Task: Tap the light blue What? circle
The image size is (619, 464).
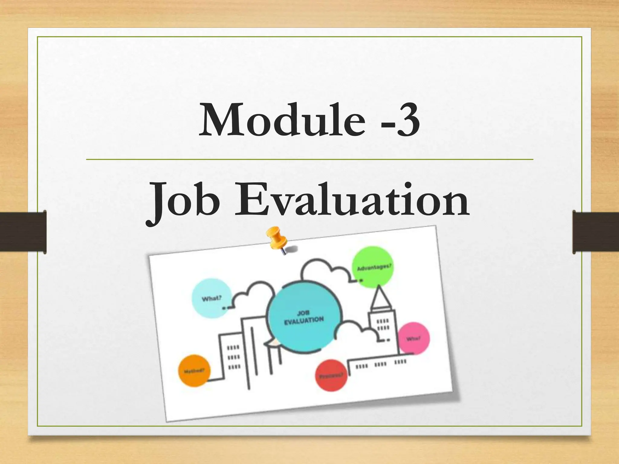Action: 212,298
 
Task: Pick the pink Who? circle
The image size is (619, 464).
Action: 413,338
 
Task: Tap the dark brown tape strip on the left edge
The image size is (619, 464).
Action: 23,232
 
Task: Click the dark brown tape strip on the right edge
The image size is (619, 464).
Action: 596,232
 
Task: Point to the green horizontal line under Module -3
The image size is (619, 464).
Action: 309,159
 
